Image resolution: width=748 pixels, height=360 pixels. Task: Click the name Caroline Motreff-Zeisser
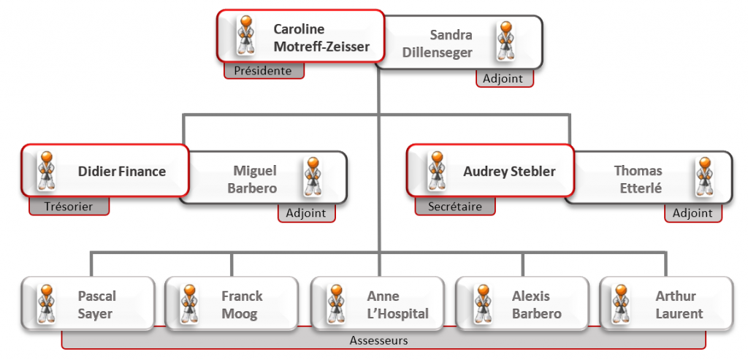pos(321,39)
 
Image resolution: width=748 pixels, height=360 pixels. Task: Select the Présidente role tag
pos(263,71)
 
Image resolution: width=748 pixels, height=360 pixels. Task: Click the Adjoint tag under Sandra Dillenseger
pos(504,78)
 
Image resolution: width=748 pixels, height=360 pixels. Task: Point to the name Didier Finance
pos(122,172)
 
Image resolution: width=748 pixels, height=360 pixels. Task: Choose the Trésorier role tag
pos(69,207)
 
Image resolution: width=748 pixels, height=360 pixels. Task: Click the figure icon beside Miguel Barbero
pos(313,176)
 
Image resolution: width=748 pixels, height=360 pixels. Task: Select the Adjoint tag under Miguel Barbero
pos(306,213)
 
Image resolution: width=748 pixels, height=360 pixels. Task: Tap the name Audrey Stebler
pos(509,172)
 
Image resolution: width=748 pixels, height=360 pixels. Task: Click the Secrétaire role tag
pos(454,207)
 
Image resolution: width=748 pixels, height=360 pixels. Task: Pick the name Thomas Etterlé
pos(638,179)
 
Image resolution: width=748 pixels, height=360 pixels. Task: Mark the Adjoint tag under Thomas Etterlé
pos(692,213)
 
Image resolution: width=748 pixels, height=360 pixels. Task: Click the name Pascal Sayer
pos(97,305)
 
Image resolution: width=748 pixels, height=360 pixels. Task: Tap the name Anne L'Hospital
pos(397,305)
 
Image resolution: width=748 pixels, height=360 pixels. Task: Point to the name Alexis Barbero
pos(536,305)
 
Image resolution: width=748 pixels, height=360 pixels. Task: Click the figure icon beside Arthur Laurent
pos(622,304)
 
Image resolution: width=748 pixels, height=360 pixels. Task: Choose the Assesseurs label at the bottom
pos(378,340)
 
